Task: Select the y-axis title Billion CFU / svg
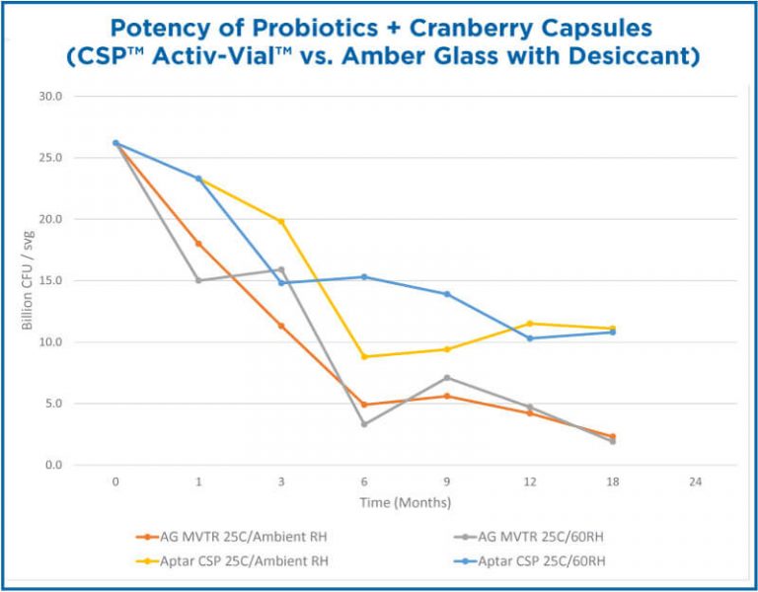coord(29,280)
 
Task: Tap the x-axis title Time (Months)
coord(406,503)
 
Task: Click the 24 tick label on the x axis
coord(696,482)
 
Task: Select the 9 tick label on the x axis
coord(447,482)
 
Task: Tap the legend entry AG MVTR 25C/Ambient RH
coord(233,538)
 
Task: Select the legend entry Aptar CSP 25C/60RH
coord(539,561)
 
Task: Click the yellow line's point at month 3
coord(281,222)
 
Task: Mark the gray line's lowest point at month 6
coord(364,424)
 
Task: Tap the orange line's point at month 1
coord(198,244)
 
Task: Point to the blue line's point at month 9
coord(447,294)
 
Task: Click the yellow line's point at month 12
coord(530,324)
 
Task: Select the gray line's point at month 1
coord(198,280)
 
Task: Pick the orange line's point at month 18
coord(613,436)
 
